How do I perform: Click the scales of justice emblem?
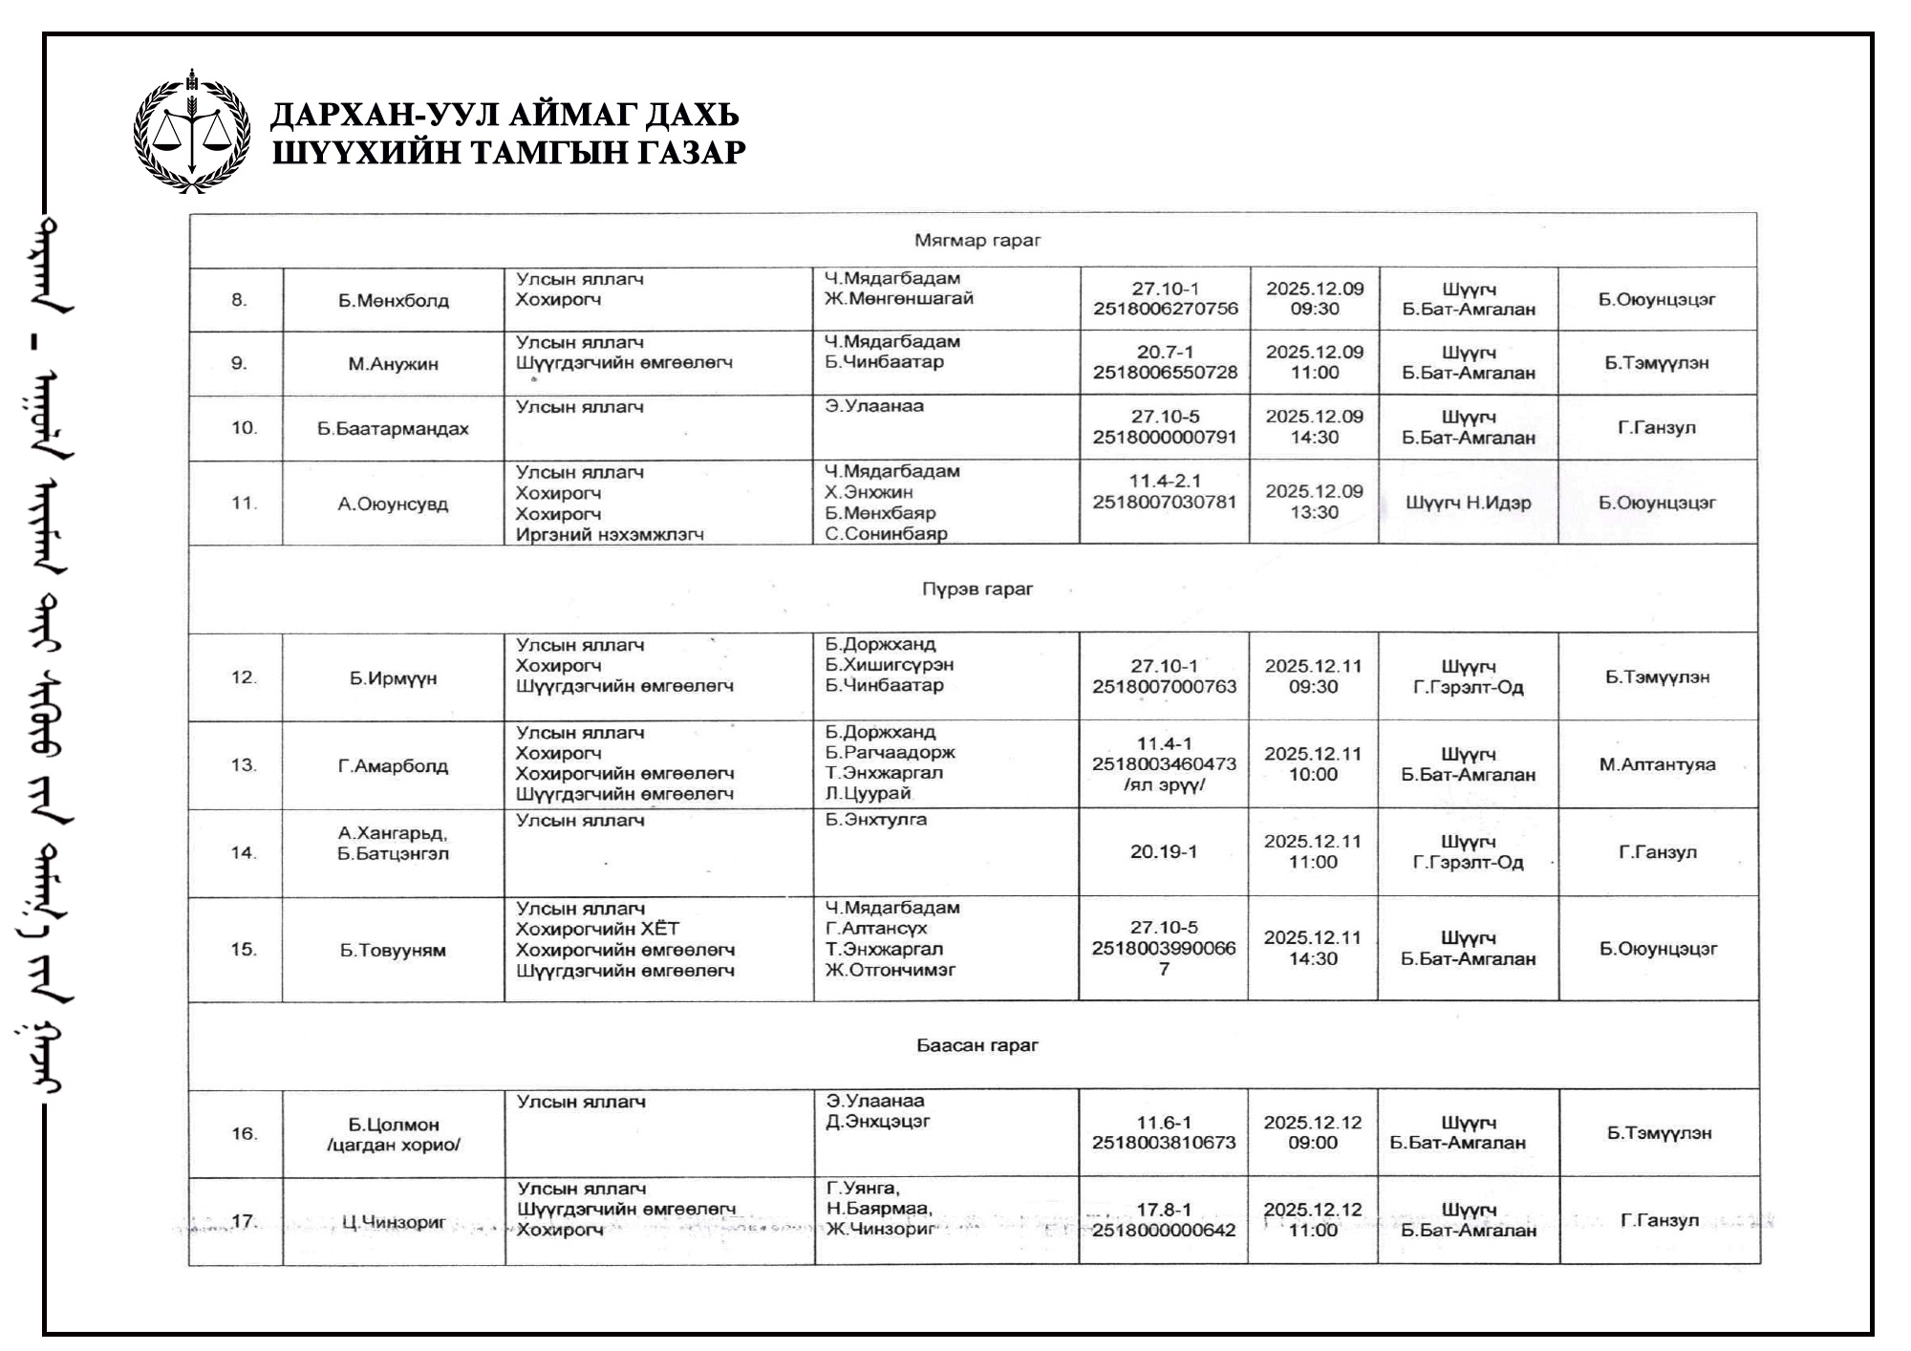click(192, 132)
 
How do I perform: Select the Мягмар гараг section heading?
click(977, 240)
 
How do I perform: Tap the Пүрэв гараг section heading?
click(977, 589)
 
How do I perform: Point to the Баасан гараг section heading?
click(977, 1045)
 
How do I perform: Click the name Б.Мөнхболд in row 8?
click(393, 301)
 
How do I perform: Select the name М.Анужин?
click(393, 364)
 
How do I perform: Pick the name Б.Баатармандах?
click(393, 428)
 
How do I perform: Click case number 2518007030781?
click(1164, 503)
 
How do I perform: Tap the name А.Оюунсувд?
click(393, 504)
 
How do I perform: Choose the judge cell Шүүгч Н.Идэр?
click(1468, 503)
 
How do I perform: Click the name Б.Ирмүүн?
click(393, 678)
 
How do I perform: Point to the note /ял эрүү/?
click(1164, 784)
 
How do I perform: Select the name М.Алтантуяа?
click(1657, 764)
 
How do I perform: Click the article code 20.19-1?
click(1164, 851)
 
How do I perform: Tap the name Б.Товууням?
click(393, 950)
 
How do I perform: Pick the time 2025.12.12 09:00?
click(1312, 1132)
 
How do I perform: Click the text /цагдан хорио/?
click(393, 1145)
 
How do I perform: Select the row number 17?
click(244, 1221)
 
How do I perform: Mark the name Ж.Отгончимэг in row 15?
click(891, 970)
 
